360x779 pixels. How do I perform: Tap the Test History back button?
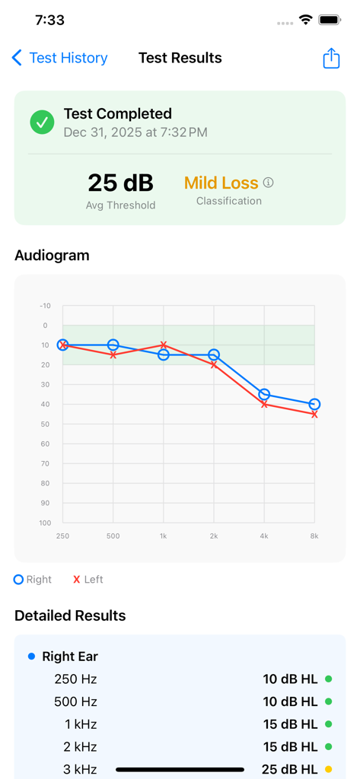(59, 58)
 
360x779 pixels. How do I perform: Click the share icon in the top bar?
(331, 59)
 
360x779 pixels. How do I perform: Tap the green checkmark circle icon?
(42, 122)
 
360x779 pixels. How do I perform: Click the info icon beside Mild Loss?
(268, 183)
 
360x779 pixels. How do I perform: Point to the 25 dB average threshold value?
(120, 183)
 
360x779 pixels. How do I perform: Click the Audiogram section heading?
(52, 256)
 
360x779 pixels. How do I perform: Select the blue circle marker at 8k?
(314, 405)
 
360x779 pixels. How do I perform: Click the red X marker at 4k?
(264, 404)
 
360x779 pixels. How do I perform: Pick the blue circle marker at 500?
(113, 345)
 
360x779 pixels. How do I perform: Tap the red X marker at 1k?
(164, 345)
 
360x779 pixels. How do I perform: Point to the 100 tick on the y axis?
(44, 523)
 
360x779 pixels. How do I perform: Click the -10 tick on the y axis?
(45, 306)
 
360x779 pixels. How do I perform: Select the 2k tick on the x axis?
(214, 536)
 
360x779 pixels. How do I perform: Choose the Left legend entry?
(88, 580)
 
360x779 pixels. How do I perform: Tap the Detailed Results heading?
(70, 615)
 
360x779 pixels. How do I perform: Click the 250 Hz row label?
(75, 679)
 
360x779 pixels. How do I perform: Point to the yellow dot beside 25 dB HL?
(329, 769)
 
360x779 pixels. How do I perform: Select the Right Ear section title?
(70, 657)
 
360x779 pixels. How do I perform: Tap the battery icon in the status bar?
(330, 20)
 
